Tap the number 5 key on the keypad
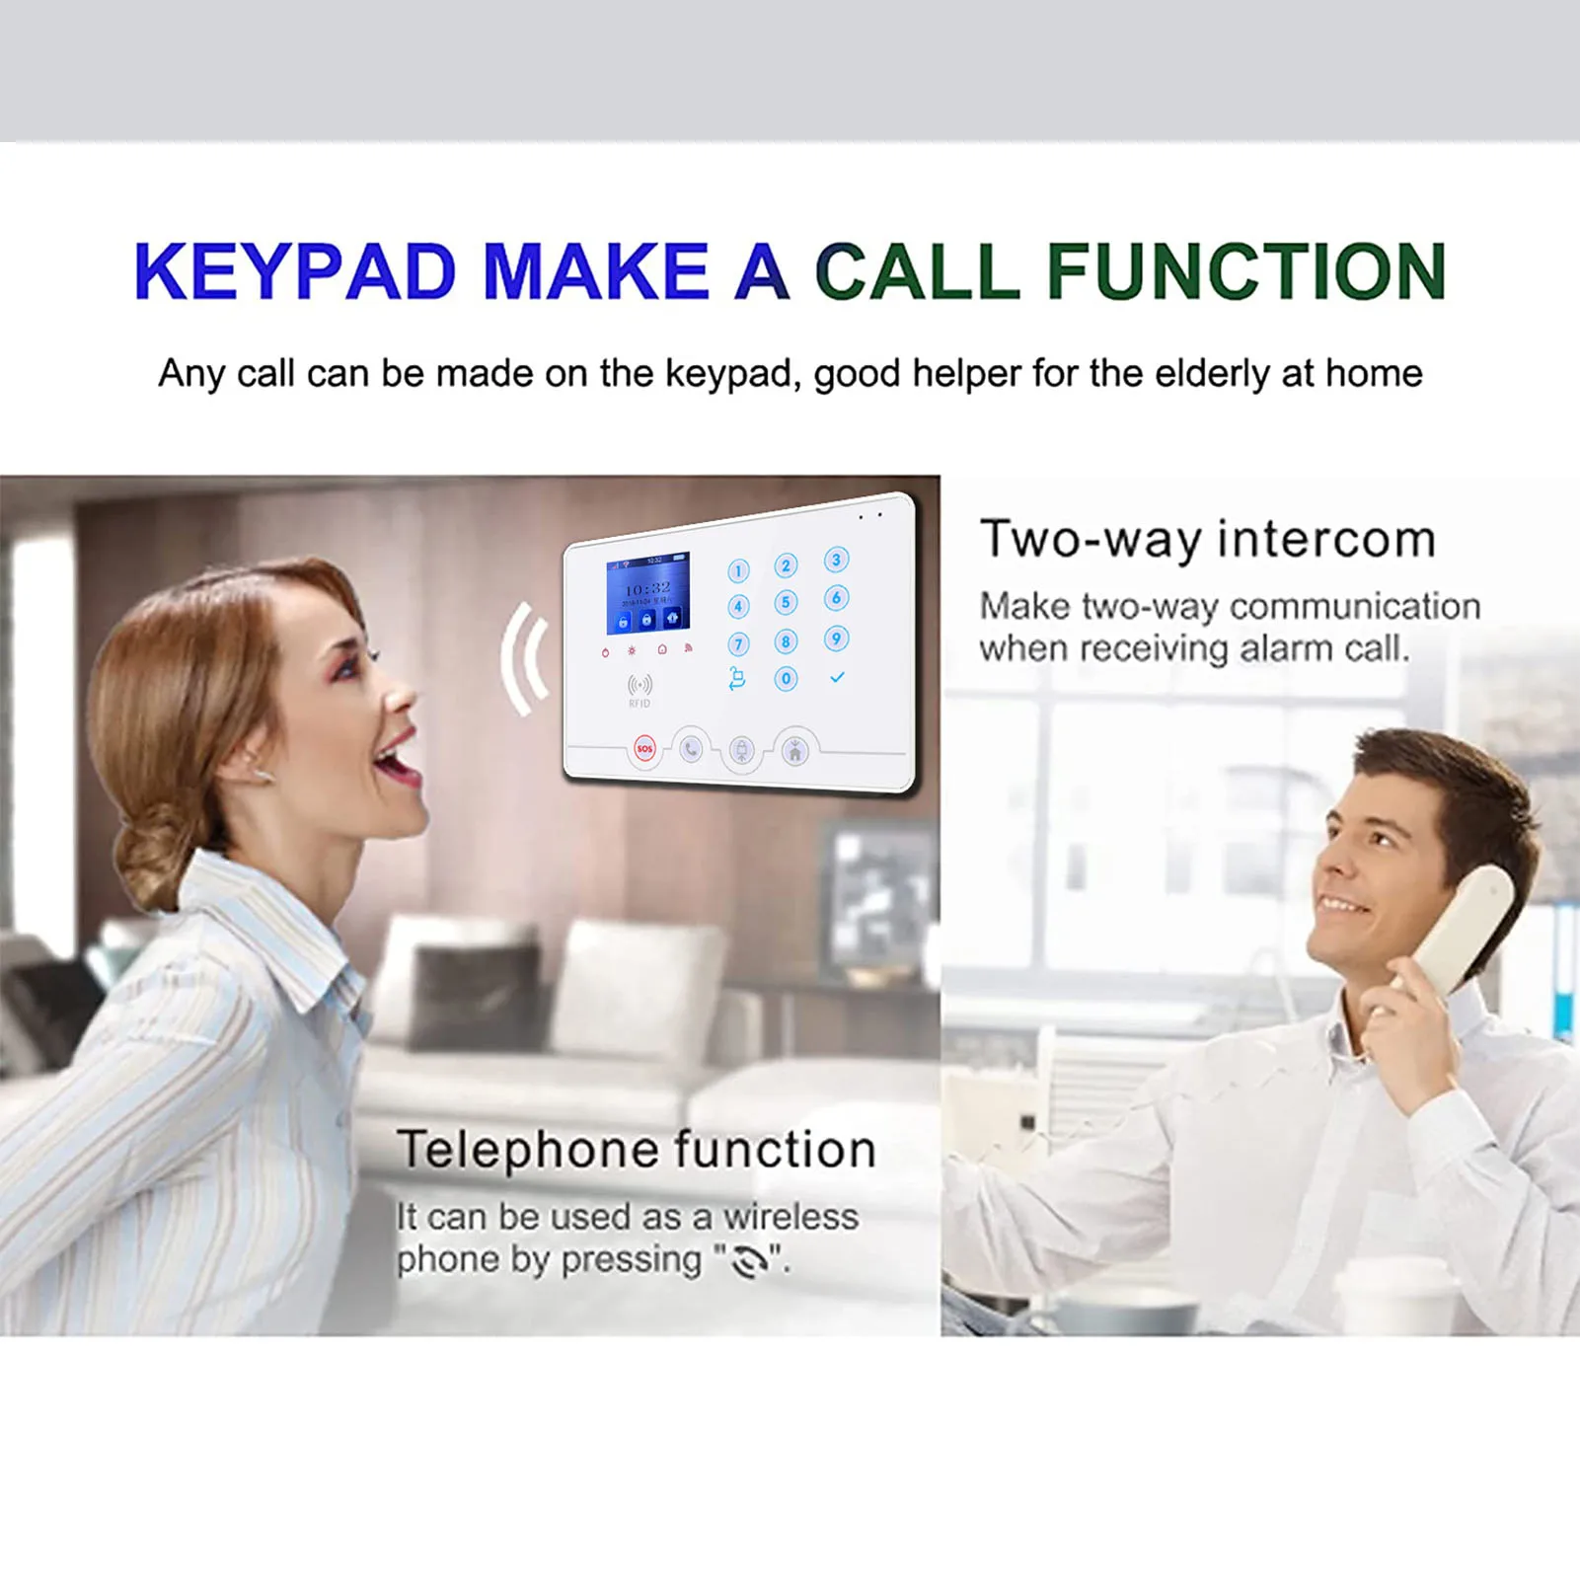(x=786, y=602)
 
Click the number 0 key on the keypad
(x=786, y=679)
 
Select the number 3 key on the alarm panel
(x=836, y=561)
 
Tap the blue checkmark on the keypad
(x=837, y=678)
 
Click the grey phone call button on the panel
(x=691, y=750)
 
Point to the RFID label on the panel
(x=640, y=704)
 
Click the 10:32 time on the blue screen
(x=647, y=588)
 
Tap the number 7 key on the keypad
(x=738, y=644)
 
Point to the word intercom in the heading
(x=1325, y=539)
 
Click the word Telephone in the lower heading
(x=528, y=1150)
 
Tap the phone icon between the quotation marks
(x=750, y=1262)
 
